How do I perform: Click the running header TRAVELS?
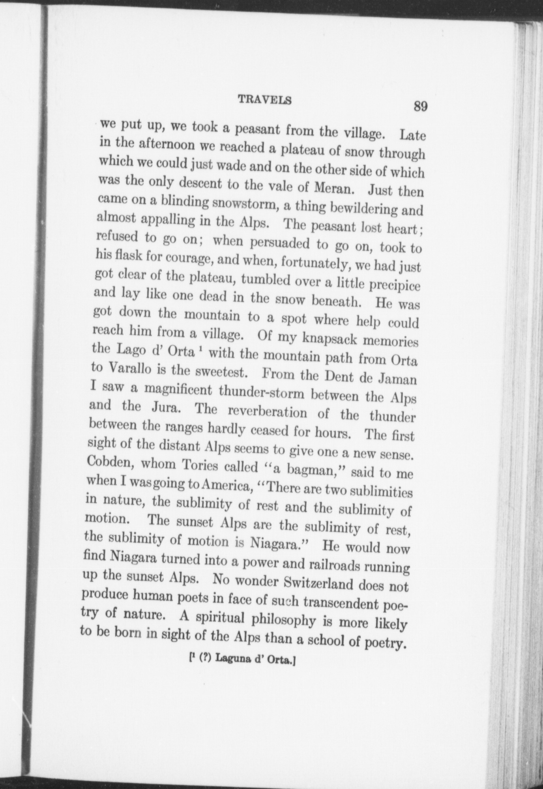tap(265, 100)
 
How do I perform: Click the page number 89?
tap(421, 107)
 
